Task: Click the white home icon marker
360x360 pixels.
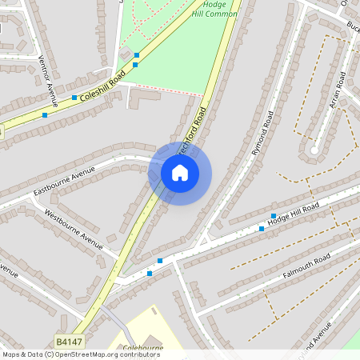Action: tap(180, 173)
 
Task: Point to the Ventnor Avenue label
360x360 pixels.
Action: tap(49, 81)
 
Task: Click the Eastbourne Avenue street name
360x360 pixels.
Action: tap(64, 182)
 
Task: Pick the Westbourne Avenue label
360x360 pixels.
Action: tap(73, 227)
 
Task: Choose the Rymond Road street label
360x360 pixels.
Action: tap(261, 133)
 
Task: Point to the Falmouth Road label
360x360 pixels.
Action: tap(306, 268)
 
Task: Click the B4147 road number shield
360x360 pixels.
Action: tap(70, 342)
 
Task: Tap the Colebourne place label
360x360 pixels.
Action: tap(145, 348)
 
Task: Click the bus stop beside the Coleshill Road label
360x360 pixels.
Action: tap(74, 98)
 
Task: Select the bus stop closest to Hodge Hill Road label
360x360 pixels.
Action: tap(274, 216)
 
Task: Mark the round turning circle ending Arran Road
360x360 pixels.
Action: tap(314, 150)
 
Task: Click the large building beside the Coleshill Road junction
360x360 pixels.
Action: tap(143, 98)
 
